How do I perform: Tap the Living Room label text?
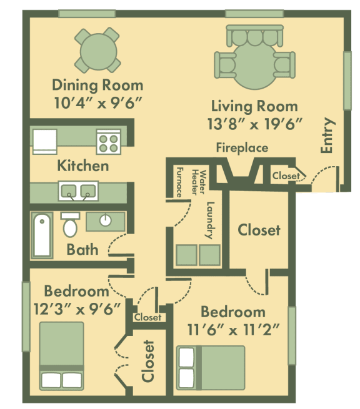click(254, 106)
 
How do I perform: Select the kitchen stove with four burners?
click(107, 142)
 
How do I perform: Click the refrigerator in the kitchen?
click(44, 141)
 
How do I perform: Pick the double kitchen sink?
click(78, 190)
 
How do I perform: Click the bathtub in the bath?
click(42, 235)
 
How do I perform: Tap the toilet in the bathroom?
click(70, 225)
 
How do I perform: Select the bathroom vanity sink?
click(105, 220)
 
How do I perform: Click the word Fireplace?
click(242, 148)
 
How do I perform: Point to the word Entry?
click(327, 136)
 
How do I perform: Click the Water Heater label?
click(198, 181)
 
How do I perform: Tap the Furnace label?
click(179, 182)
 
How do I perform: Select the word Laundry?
click(210, 220)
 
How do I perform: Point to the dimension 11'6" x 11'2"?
click(232, 330)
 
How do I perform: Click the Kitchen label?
click(82, 165)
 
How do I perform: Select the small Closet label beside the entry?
click(285, 177)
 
